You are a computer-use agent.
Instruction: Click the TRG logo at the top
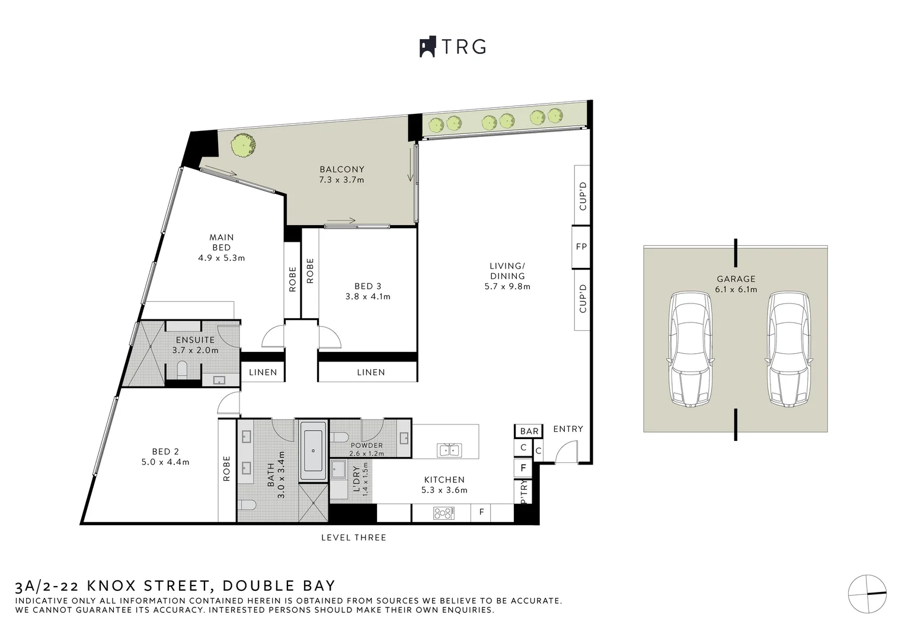(453, 47)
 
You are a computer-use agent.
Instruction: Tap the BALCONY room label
(342, 169)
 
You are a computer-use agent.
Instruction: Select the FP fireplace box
(581, 247)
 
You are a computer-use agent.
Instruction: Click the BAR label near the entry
(529, 431)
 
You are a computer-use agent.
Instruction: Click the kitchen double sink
(449, 450)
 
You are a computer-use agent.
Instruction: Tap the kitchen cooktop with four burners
(444, 513)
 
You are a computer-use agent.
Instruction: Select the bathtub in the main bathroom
(313, 450)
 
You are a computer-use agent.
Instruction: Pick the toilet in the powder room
(341, 437)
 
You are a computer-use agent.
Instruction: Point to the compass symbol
(867, 594)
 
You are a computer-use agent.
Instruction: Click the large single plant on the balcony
(244, 145)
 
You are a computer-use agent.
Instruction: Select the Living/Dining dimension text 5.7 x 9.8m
(507, 286)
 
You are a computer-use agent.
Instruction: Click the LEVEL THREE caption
(353, 537)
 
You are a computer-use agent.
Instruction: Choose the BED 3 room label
(367, 286)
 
